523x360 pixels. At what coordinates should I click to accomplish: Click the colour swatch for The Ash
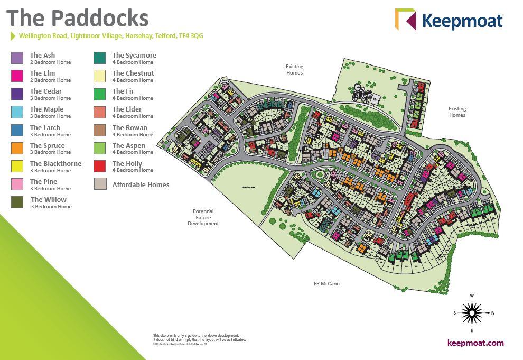[17, 58]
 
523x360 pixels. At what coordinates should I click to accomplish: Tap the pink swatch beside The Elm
[17, 76]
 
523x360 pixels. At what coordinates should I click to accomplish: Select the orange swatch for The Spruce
[17, 148]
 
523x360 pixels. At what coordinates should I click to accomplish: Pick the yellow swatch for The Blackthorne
[17, 166]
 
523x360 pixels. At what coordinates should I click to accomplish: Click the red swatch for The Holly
[99, 166]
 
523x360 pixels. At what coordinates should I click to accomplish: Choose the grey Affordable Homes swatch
[99, 184]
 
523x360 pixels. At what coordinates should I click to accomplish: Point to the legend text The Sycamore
[134, 55]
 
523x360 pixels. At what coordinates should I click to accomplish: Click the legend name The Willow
[49, 199]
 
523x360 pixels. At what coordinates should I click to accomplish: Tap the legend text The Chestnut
[133, 73]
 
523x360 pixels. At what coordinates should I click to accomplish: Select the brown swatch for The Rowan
[99, 130]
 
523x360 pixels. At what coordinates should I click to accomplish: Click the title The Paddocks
[78, 18]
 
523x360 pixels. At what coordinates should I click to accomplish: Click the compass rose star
[472, 313]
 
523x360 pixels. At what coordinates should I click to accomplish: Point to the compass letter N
[492, 313]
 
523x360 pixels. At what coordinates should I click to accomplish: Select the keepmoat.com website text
[475, 343]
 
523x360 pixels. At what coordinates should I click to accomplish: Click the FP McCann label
[326, 284]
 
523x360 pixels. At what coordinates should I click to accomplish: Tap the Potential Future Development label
[203, 217]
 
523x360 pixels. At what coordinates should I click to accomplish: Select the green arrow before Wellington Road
[13, 36]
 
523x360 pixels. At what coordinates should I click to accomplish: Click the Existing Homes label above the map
[294, 70]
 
